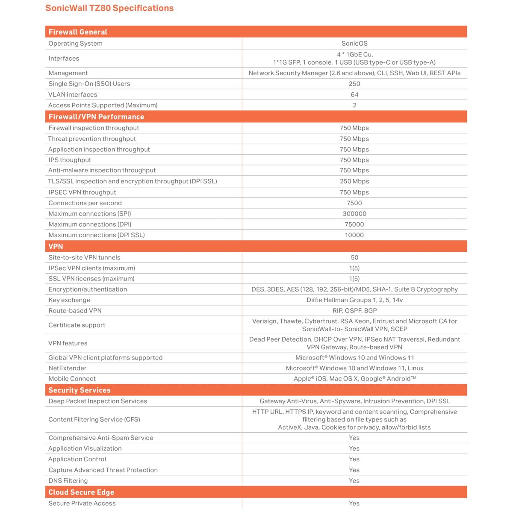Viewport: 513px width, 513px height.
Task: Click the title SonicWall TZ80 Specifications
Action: pyautogui.click(x=109, y=8)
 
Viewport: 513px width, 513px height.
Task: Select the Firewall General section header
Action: pyautogui.click(x=78, y=32)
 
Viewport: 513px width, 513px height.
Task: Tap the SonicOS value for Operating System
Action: pyautogui.click(x=354, y=44)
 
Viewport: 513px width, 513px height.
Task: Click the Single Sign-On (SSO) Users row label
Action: pyautogui.click(x=89, y=84)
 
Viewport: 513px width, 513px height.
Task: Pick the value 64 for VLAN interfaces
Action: pyautogui.click(x=354, y=94)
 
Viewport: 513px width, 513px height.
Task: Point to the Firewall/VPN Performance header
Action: pyautogui.click(x=96, y=117)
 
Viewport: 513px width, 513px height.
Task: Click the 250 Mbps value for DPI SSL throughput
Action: pyautogui.click(x=354, y=181)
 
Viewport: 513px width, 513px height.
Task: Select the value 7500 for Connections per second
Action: pyautogui.click(x=354, y=203)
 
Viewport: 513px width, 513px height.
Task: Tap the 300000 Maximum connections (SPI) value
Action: pyautogui.click(x=354, y=214)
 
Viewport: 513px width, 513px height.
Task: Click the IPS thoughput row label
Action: pyautogui.click(x=70, y=160)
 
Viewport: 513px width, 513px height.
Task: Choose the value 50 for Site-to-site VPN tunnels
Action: pyautogui.click(x=354, y=257)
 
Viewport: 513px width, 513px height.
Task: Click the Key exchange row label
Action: pyautogui.click(x=69, y=300)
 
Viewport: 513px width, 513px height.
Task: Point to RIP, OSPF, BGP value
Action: pyautogui.click(x=354, y=311)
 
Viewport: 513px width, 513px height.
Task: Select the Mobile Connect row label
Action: pyautogui.click(x=72, y=379)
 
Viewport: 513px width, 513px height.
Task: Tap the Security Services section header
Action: pyautogui.click(x=80, y=390)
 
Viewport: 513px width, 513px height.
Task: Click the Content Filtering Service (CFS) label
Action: pyautogui.click(x=94, y=419)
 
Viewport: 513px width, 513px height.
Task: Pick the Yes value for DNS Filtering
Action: pyautogui.click(x=354, y=481)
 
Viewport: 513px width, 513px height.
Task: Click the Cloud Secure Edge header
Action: pyautogui.click(x=81, y=492)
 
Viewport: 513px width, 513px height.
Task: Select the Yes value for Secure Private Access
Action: pyautogui.click(x=354, y=503)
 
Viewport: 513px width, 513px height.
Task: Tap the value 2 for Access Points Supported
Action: pyautogui.click(x=354, y=105)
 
